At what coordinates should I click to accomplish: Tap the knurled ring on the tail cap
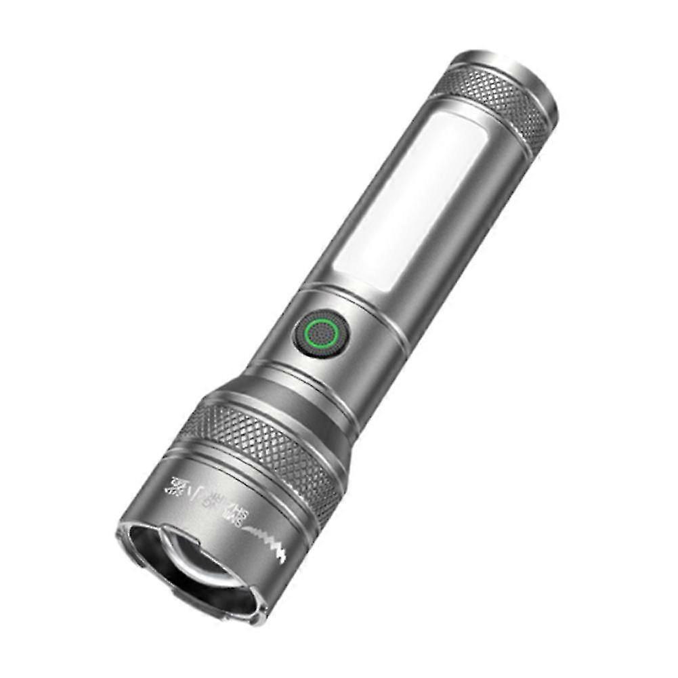click(499, 102)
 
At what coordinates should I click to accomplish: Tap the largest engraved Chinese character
click(177, 486)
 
